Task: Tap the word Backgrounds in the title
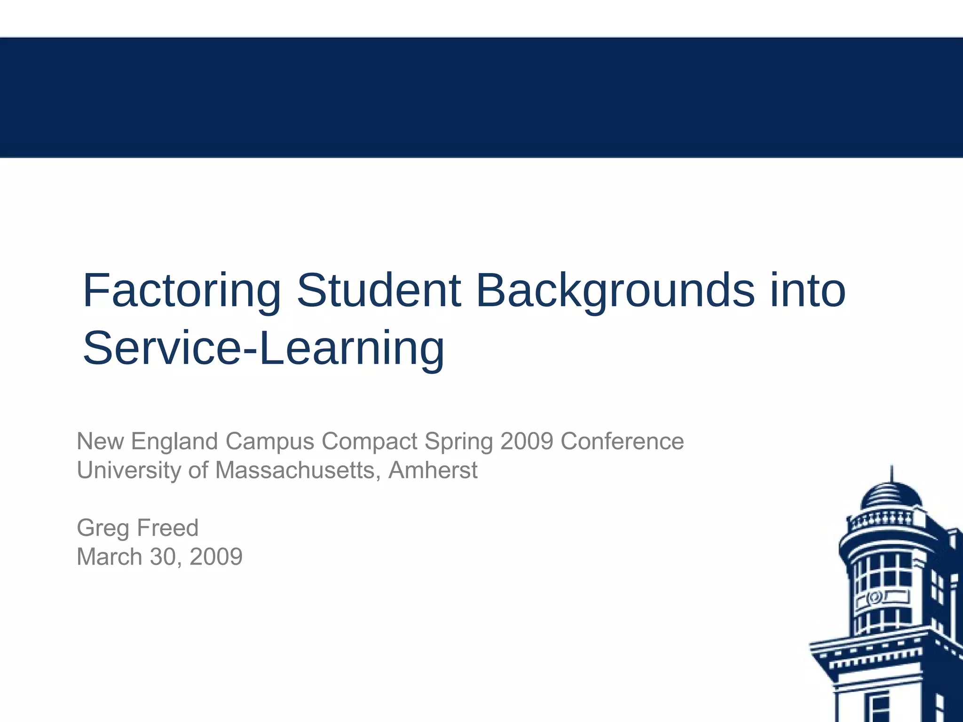point(615,291)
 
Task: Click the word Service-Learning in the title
point(263,349)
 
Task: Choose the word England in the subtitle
point(174,441)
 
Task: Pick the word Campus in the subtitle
point(270,441)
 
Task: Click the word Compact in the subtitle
point(370,441)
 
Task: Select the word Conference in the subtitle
point(622,441)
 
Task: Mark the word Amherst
point(433,471)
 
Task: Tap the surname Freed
point(168,528)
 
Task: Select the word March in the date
point(110,557)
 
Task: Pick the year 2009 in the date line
point(216,557)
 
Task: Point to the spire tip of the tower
point(892,467)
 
